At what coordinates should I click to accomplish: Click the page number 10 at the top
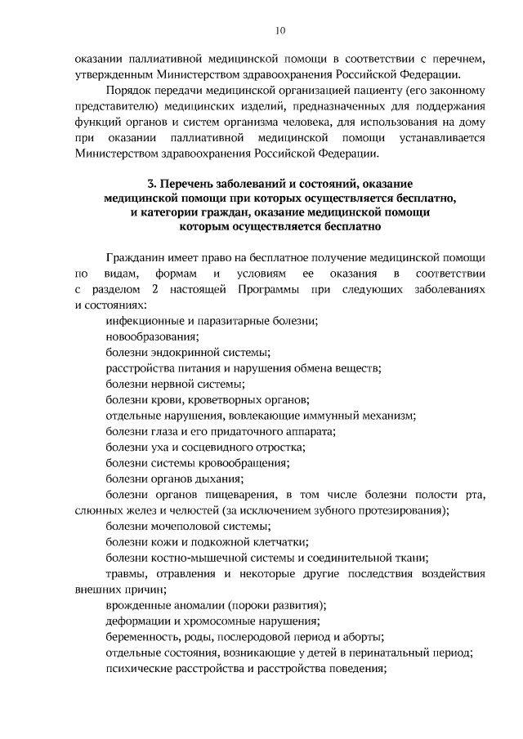coord(280,30)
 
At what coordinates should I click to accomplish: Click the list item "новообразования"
coord(152,336)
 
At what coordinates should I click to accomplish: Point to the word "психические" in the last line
coord(138,669)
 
